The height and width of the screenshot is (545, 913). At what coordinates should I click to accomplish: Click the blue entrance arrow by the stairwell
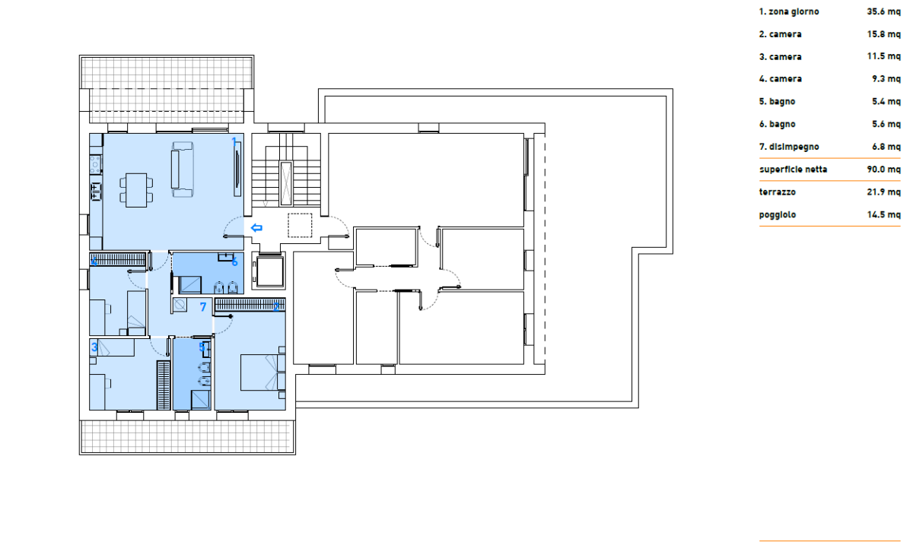[x=256, y=228]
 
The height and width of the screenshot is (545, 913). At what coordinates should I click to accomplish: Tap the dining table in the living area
[x=136, y=190]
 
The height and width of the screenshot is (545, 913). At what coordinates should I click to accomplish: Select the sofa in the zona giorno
[x=182, y=170]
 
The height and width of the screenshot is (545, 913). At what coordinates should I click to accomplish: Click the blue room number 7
[x=203, y=307]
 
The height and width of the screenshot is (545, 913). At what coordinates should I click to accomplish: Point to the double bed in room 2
[x=262, y=372]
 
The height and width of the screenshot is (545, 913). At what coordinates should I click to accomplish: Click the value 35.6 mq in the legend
[x=883, y=11]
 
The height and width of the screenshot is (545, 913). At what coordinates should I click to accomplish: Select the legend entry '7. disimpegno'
[x=789, y=147]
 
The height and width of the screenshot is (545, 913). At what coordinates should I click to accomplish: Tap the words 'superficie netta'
[x=793, y=170]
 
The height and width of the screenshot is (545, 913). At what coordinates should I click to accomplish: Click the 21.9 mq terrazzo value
[x=883, y=192]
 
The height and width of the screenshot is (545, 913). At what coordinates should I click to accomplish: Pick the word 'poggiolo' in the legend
[x=778, y=214]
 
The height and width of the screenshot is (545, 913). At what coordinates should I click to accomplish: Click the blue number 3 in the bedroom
[x=94, y=347]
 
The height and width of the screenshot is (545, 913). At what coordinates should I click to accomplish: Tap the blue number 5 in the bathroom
[x=202, y=347]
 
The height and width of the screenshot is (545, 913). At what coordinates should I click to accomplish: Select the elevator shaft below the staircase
[x=269, y=271]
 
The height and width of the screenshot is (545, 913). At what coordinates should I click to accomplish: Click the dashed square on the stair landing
[x=300, y=225]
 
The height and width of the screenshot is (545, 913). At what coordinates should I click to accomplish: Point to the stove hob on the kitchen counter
[x=95, y=164]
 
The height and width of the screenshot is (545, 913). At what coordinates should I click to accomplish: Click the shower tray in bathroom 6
[x=190, y=285]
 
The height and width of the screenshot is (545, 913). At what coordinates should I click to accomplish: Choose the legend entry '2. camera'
[x=780, y=34]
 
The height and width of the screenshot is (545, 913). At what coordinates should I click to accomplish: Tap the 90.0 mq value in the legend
[x=883, y=170]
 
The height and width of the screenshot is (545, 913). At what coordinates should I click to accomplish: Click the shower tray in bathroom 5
[x=201, y=400]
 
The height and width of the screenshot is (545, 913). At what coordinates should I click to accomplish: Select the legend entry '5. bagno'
[x=777, y=101]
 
